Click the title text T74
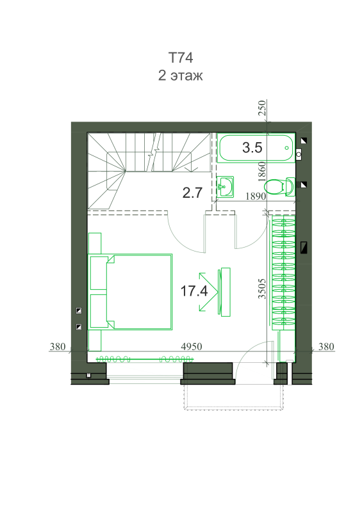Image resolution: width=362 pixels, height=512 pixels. click(181, 58)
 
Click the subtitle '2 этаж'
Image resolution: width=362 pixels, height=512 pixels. click(181, 75)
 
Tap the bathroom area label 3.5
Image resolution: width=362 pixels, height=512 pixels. click(252, 148)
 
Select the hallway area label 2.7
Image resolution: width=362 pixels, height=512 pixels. click(192, 193)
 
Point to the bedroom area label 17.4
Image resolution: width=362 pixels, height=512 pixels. click(194, 291)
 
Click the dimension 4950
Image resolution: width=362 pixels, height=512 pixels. click(192, 346)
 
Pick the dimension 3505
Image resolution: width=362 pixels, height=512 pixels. click(262, 289)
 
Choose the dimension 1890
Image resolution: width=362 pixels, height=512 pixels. click(256, 196)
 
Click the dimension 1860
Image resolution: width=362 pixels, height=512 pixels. click(261, 172)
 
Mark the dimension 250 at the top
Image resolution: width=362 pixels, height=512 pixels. click(262, 108)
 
